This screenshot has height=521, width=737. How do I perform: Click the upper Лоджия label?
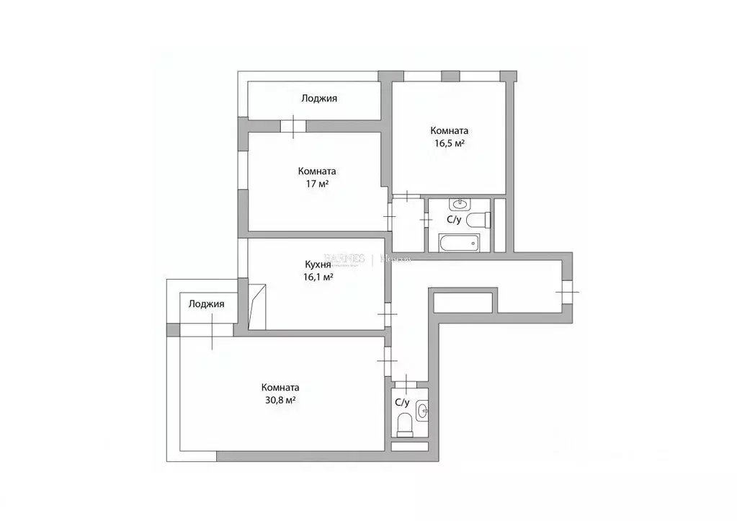coord(319,99)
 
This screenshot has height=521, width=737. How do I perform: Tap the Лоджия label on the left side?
coord(206,304)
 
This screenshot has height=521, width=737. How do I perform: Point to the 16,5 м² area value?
coord(449,144)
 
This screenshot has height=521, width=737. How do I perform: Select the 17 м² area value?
coord(317,184)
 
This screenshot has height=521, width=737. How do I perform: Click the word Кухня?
coord(317,264)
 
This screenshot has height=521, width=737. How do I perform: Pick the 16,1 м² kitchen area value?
coord(318,277)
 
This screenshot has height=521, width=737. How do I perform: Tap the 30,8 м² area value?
coord(280,400)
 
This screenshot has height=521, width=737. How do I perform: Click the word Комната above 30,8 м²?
coord(280,387)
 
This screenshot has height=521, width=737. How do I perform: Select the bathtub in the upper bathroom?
coord(458,243)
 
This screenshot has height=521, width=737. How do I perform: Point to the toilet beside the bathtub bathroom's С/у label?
coord(478,220)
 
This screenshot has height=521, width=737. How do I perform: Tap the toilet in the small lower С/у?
coord(405,424)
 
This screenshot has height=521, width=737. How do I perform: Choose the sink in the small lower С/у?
coord(422,411)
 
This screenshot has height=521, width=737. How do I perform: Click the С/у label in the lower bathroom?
coord(402,402)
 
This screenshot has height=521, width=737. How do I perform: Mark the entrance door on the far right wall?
coord(567,291)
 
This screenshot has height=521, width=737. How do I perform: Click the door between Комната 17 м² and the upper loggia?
coord(293,126)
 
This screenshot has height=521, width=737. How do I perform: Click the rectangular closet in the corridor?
coord(463,302)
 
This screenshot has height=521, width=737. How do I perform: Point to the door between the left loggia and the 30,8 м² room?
coord(213,331)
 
